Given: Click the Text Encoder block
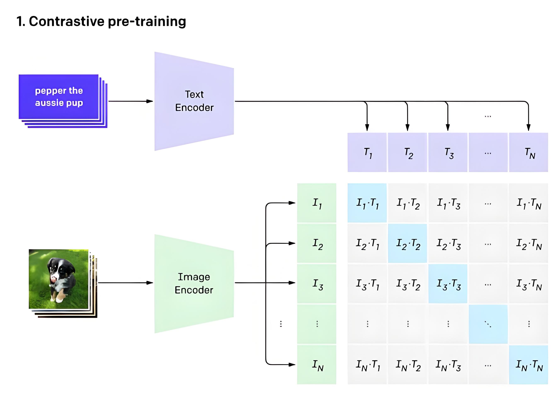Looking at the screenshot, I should [x=194, y=101].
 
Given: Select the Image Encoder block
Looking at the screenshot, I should [x=194, y=283].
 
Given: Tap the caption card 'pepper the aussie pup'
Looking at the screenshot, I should [x=59, y=97].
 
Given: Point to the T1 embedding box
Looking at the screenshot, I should [x=367, y=153].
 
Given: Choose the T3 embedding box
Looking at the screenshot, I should [x=448, y=153].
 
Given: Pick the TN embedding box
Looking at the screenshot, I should [x=528, y=153].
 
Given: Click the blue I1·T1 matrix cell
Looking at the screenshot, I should [x=367, y=203].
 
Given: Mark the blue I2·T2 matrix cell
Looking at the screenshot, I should [x=407, y=243].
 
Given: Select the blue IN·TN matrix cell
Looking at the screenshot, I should [x=528, y=365].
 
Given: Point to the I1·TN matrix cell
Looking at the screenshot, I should [x=528, y=203].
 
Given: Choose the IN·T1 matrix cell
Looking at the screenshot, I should [x=367, y=365].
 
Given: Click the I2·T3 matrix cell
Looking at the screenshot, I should [x=448, y=243].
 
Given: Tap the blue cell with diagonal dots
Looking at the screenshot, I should [x=488, y=324].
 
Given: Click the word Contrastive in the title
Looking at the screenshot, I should [x=67, y=21].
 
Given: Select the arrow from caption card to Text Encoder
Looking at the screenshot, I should [x=130, y=101].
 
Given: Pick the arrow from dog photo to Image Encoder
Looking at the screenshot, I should [x=125, y=283].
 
